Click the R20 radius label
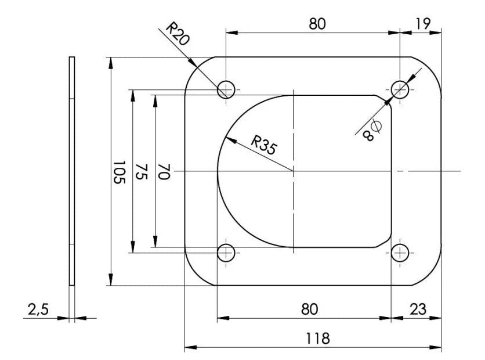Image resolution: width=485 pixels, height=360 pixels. [178, 34]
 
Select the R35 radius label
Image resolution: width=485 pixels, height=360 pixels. [263, 145]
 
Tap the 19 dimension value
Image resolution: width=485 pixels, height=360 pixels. [422, 24]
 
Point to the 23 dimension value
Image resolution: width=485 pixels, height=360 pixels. [418, 309]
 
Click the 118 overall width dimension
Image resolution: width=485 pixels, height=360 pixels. [318, 339]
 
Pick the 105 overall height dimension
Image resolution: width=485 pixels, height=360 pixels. [119, 172]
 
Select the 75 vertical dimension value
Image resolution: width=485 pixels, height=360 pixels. [142, 172]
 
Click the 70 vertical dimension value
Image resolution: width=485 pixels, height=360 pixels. [164, 172]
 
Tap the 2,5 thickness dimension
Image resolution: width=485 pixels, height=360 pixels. [38, 309]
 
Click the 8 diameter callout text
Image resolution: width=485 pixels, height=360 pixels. [372, 130]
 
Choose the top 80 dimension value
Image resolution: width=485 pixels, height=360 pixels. [317, 24]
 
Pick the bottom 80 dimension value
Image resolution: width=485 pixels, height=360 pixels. [309, 309]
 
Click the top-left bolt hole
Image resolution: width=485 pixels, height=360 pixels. [226, 90]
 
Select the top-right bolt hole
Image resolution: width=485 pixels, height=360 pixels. [400, 90]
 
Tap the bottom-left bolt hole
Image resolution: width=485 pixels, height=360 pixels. [226, 253]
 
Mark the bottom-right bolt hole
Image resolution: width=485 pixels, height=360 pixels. [400, 253]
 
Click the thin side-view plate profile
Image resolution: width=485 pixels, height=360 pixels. [72, 171]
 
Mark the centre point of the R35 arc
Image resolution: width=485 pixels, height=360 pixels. [293, 171]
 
